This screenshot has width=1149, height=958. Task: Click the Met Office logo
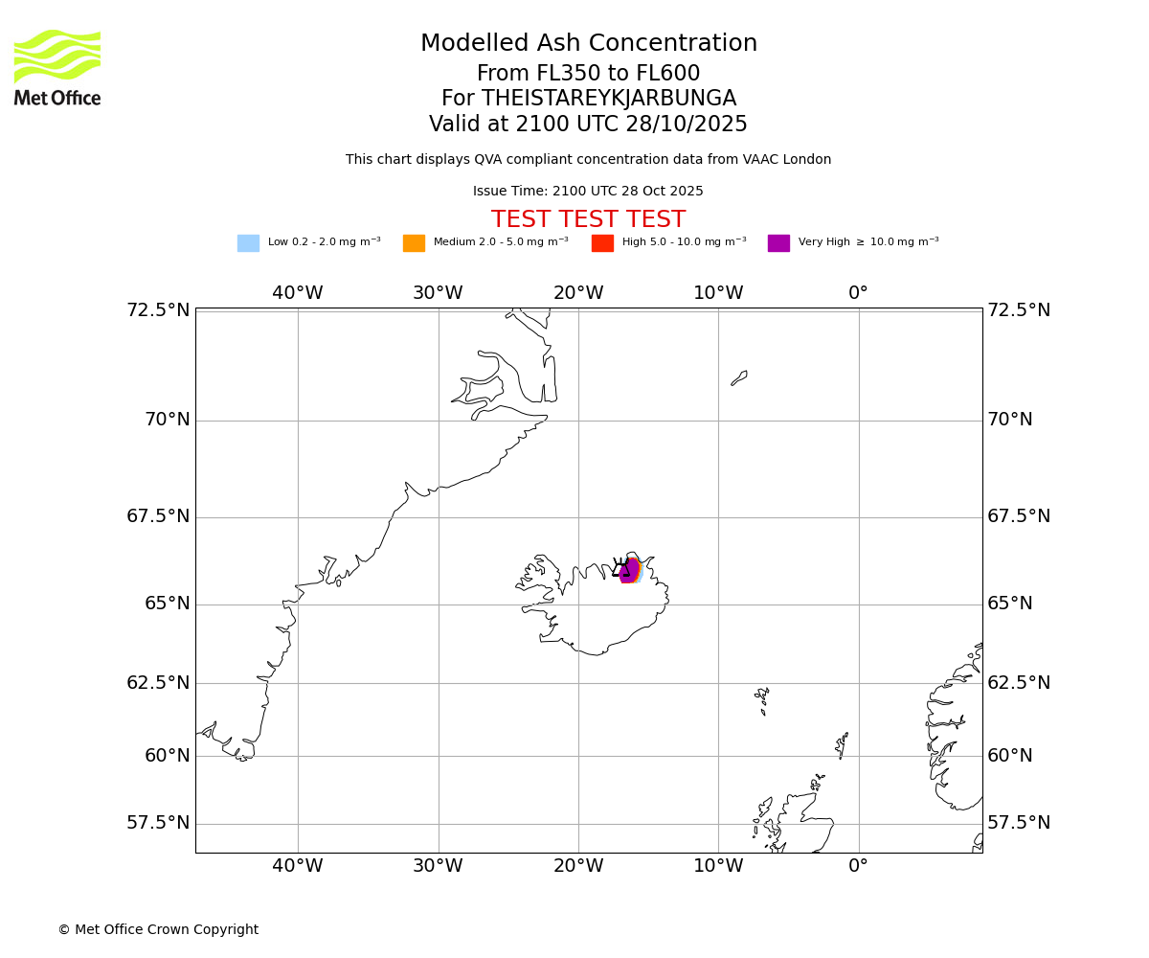click(x=57, y=67)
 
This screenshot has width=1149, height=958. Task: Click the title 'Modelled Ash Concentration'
click(x=589, y=44)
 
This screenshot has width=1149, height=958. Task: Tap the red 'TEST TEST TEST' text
click(x=588, y=219)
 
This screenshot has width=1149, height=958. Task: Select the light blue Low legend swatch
click(x=248, y=243)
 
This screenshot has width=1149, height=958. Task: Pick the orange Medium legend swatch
click(x=414, y=243)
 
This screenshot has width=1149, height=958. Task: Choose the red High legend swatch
click(x=602, y=243)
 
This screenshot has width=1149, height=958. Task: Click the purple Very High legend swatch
click(x=778, y=243)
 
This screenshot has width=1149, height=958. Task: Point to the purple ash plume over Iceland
click(x=629, y=571)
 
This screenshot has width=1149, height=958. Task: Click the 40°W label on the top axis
click(x=297, y=293)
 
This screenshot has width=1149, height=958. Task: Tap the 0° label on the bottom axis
click(x=858, y=866)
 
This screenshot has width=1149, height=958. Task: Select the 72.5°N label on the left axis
click(x=158, y=310)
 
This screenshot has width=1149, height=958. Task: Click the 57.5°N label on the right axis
click(x=1019, y=823)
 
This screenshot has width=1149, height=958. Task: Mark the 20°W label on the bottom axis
click(x=577, y=866)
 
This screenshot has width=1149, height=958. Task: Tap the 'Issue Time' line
click(x=588, y=192)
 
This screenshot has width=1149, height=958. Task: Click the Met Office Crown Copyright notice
click(x=158, y=929)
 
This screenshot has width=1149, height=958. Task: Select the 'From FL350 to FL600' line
click(x=588, y=74)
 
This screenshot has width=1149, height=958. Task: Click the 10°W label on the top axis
click(x=718, y=293)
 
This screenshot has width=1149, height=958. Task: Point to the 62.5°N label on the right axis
click(x=1019, y=683)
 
